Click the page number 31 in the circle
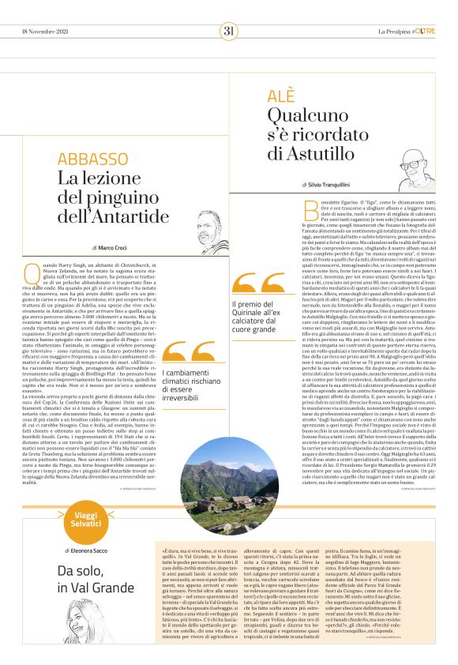tap(229, 31)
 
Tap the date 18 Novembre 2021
tap(43, 31)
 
